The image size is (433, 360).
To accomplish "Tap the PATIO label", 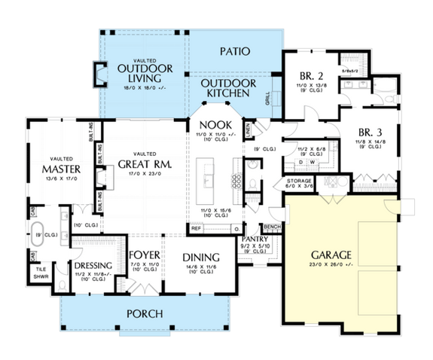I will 235,52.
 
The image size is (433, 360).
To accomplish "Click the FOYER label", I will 142,255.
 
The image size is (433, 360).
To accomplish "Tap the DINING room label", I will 200,257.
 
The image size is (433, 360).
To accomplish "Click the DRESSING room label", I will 94,266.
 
